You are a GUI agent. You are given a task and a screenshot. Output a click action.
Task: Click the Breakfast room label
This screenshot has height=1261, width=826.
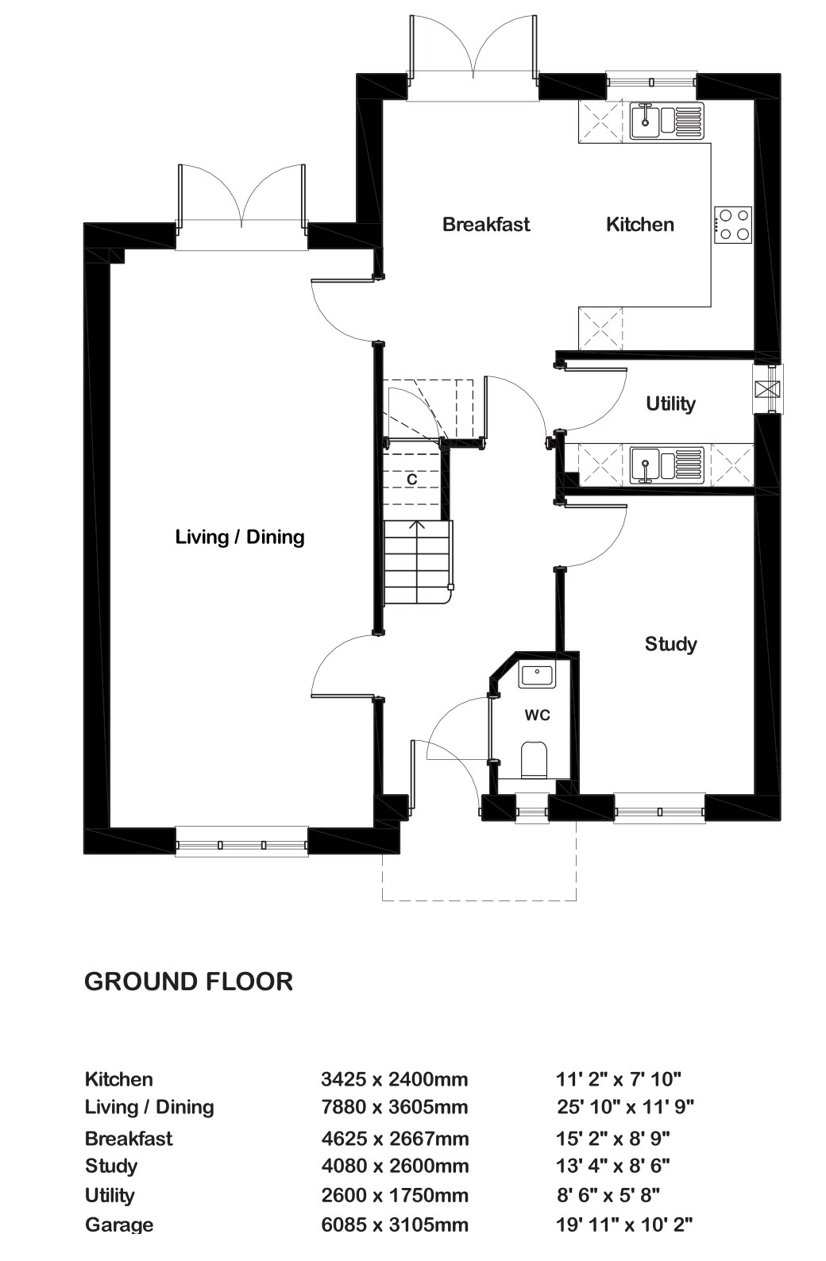tap(486, 224)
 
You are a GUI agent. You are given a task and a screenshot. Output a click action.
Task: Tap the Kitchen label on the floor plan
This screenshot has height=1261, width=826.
tap(639, 224)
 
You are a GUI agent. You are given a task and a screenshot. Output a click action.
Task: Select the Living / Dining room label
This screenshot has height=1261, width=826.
tap(240, 537)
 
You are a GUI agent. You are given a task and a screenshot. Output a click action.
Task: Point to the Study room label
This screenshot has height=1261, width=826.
tap(670, 644)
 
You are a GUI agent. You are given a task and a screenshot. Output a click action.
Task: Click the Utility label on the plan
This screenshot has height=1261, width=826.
tap(670, 403)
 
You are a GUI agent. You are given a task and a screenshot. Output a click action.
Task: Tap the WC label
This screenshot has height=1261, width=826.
tap(537, 715)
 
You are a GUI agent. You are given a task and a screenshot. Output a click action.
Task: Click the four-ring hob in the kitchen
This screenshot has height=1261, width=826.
tap(734, 225)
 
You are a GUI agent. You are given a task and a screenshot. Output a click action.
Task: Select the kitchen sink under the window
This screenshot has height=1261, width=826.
tap(666, 121)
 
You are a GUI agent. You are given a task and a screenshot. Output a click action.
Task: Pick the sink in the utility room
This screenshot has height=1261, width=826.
tap(666, 465)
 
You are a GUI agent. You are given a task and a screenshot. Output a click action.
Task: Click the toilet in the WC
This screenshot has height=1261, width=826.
tap(535, 760)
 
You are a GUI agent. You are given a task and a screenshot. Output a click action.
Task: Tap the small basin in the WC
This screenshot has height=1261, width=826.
tap(537, 675)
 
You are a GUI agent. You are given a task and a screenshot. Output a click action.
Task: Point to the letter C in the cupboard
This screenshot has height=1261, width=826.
tap(412, 479)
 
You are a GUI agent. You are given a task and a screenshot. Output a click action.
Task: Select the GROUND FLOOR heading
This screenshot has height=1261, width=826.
tap(188, 981)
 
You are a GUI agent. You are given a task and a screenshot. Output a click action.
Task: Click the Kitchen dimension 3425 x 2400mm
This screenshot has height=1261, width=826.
tap(394, 1079)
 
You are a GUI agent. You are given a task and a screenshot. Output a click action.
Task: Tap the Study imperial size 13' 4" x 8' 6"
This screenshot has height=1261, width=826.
tap(612, 1165)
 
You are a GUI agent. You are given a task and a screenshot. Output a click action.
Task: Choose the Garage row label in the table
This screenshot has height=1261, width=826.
tap(119, 1225)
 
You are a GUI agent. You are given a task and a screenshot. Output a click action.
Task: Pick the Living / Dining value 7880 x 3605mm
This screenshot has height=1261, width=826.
tap(394, 1107)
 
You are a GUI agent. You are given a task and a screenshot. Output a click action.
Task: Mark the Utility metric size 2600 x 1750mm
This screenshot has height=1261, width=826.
tap(394, 1195)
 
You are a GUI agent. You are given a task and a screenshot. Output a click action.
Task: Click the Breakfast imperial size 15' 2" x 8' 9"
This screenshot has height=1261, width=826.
tap(612, 1138)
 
